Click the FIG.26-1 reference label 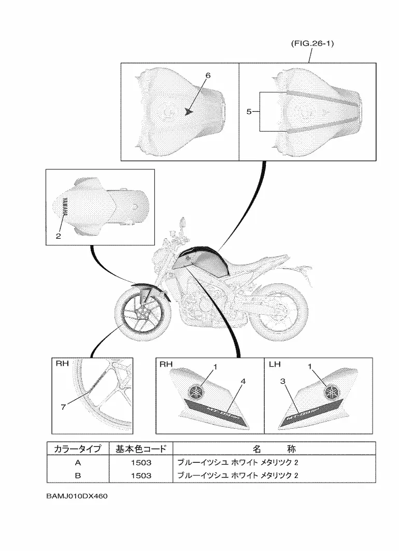pos(311,44)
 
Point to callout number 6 pos(208,76)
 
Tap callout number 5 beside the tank pos(249,111)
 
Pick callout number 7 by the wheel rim pos(63,407)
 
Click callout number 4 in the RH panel pos(243,381)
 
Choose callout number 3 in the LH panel pos(283,381)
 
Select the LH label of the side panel pos(275,365)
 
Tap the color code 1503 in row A pos(140,462)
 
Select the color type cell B pos(78,475)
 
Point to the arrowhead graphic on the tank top pos(189,110)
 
